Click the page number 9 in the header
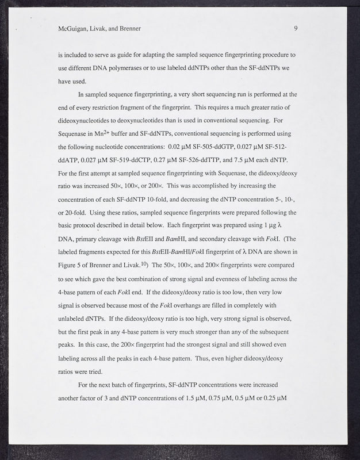tap(295, 28)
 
